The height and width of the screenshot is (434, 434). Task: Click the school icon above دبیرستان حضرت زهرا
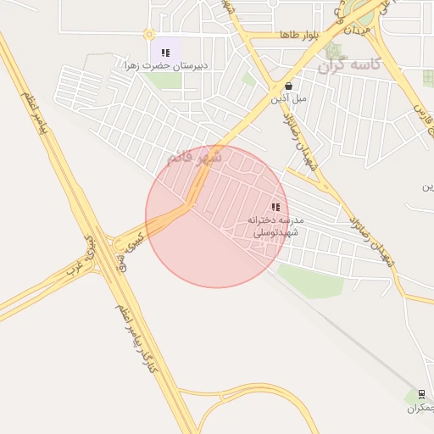[165, 53]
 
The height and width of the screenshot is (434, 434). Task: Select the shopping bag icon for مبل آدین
[289, 86]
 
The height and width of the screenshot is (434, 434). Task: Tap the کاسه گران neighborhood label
[350, 64]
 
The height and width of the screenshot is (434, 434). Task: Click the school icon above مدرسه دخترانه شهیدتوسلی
[275, 207]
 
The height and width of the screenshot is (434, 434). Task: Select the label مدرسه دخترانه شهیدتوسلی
[268, 225]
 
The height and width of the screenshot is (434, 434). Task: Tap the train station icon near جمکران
[421, 394]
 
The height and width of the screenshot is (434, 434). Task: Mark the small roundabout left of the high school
[149, 35]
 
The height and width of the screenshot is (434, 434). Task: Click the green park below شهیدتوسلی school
[309, 280]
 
